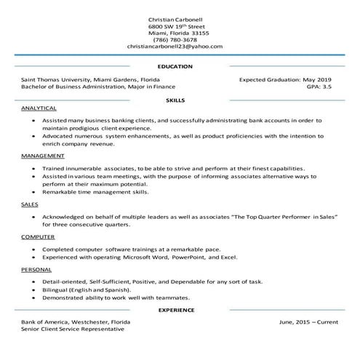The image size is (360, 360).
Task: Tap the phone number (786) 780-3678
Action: pyautogui.click(x=175, y=39)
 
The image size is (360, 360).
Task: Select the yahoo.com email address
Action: pyautogui.click(x=175, y=47)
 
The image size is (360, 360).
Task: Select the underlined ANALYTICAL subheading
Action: pyautogui.click(x=39, y=107)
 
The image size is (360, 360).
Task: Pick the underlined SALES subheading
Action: pyautogui.click(x=30, y=206)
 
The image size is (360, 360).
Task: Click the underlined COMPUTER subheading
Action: pyautogui.click(x=38, y=237)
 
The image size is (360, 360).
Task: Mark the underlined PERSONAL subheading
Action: pyautogui.click(x=36, y=269)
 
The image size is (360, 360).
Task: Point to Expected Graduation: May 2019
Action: pyautogui.click(x=285, y=79)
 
